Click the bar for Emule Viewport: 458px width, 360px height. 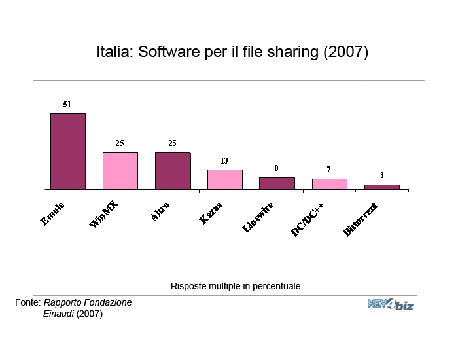(x=68, y=151)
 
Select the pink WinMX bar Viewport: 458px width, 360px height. (x=120, y=171)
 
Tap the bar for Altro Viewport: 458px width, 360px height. (x=173, y=171)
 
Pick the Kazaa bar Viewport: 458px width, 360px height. (x=224, y=179)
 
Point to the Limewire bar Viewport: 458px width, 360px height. (x=277, y=183)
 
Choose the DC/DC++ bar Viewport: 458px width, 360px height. (x=329, y=184)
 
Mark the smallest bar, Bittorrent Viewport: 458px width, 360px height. (x=381, y=187)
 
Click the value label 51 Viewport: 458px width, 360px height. (x=67, y=104)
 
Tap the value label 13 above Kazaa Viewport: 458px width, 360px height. (x=224, y=160)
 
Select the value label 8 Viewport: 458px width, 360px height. (x=276, y=168)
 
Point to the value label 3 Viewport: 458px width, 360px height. (x=381, y=175)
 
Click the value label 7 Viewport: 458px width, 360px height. (x=328, y=170)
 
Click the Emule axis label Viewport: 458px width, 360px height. (x=53, y=215)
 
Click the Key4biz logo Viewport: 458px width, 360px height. (x=390, y=304)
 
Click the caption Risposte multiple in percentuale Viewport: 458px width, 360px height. (x=236, y=286)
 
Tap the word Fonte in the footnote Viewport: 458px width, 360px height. (x=27, y=303)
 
